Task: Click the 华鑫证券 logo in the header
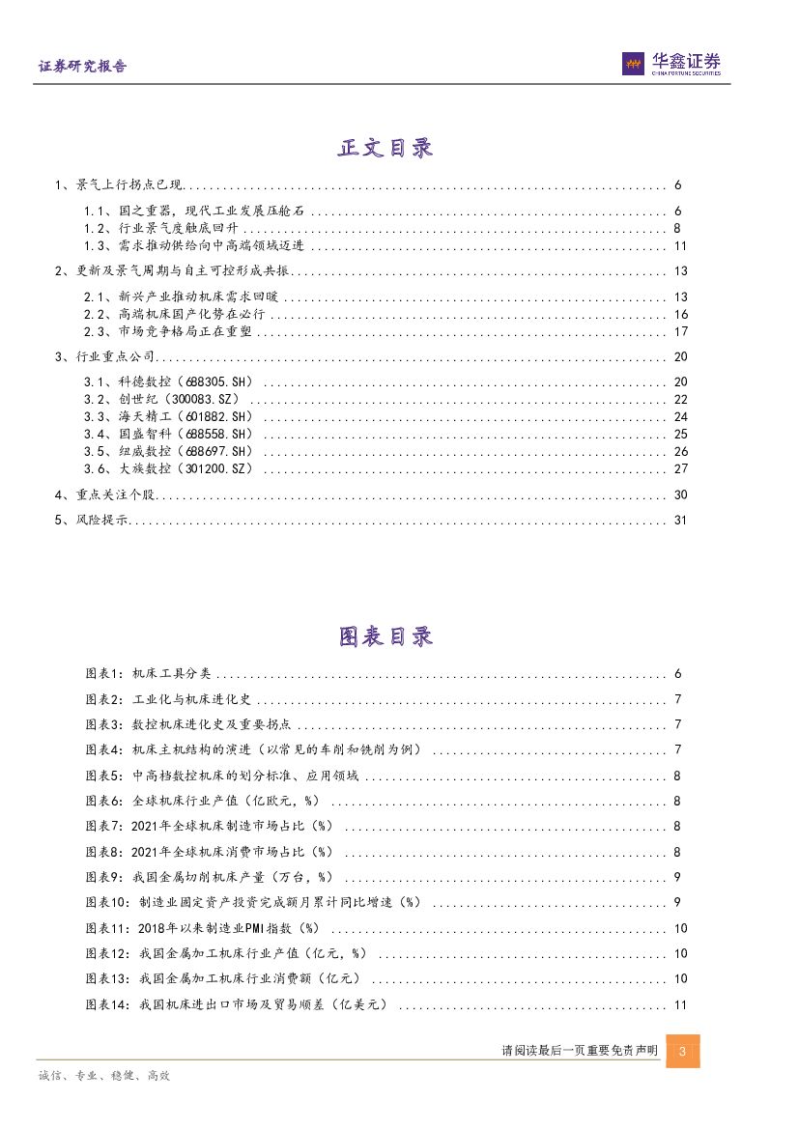pyautogui.click(x=671, y=64)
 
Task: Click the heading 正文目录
pyautogui.click(x=385, y=148)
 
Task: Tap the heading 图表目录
pyautogui.click(x=385, y=636)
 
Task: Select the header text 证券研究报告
pyautogui.click(x=82, y=67)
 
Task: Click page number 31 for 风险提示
pyautogui.click(x=678, y=521)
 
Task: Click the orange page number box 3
pyautogui.click(x=683, y=1052)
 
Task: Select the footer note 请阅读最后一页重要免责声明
pyautogui.click(x=580, y=1051)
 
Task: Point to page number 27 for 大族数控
pyautogui.click(x=679, y=468)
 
